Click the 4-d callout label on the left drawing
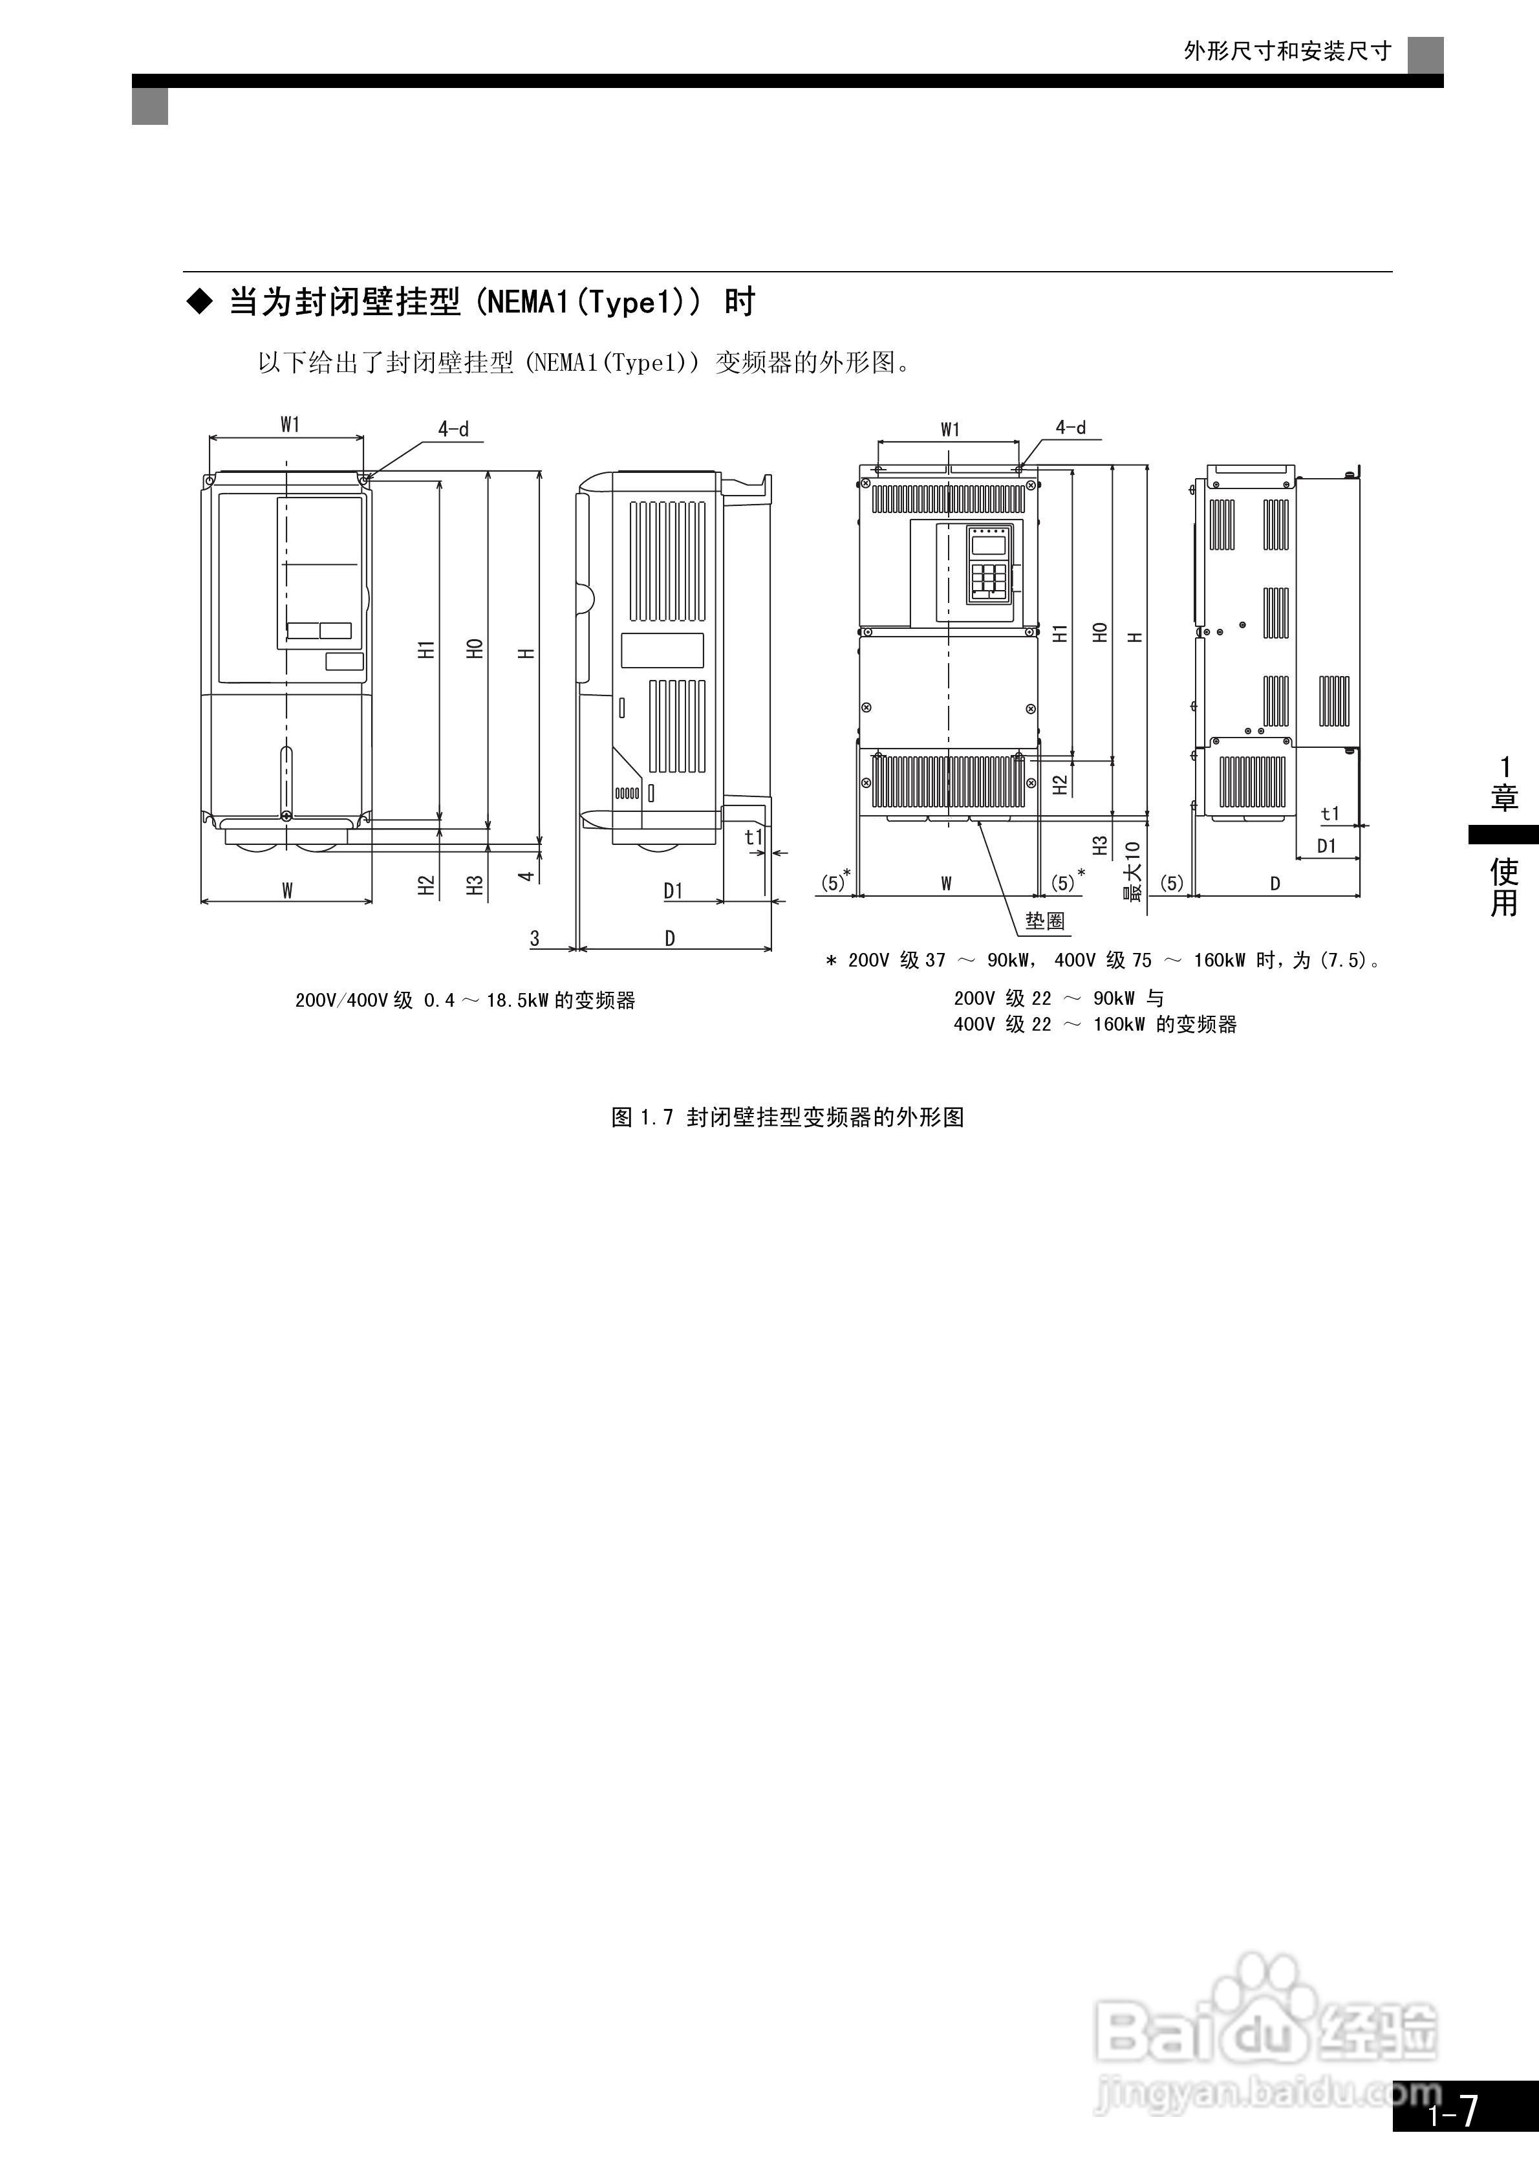click(453, 429)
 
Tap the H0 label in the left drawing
click(475, 648)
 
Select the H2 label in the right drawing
click(1060, 785)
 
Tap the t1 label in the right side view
click(1330, 813)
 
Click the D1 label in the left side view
click(673, 890)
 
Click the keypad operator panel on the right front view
click(987, 565)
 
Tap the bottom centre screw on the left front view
click(286, 816)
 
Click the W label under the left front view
click(286, 890)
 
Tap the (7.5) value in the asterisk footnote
click(1342, 961)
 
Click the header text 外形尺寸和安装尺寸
click(1287, 51)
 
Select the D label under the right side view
click(1275, 884)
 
